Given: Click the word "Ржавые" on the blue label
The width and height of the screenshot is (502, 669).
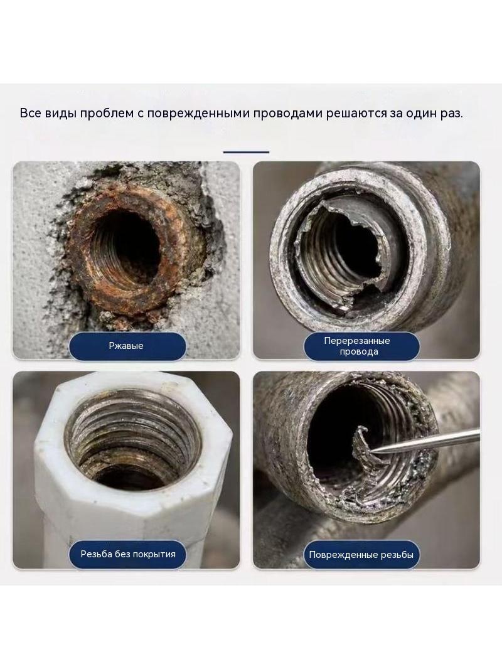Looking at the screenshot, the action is (126, 346).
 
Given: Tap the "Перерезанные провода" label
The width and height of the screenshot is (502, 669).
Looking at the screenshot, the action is (361, 346).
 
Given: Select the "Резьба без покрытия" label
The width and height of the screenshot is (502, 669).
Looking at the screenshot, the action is (128, 554).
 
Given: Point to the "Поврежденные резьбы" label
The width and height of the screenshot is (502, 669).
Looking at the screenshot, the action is (361, 555).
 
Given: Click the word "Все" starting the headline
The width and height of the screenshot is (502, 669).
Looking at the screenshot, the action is (30, 114).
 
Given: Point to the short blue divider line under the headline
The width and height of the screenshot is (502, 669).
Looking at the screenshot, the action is (246, 151).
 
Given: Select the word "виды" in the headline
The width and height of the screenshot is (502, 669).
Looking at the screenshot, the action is (60, 114).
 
